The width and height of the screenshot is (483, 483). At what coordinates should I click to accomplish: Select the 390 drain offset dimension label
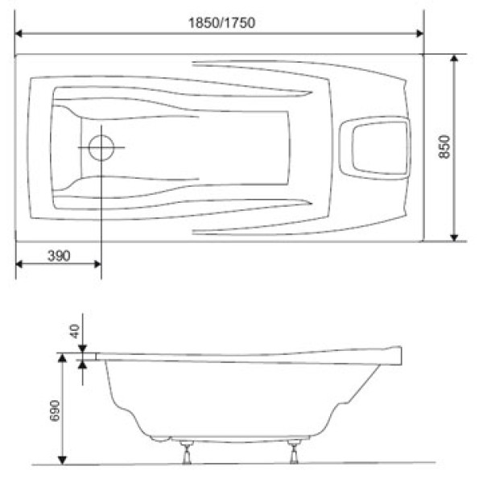coord(58,256)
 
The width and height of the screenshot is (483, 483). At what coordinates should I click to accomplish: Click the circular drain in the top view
coord(101,147)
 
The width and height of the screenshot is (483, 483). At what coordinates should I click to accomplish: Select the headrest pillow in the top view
coord(374,147)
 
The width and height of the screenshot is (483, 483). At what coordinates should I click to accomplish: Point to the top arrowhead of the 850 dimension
coord(455,60)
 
